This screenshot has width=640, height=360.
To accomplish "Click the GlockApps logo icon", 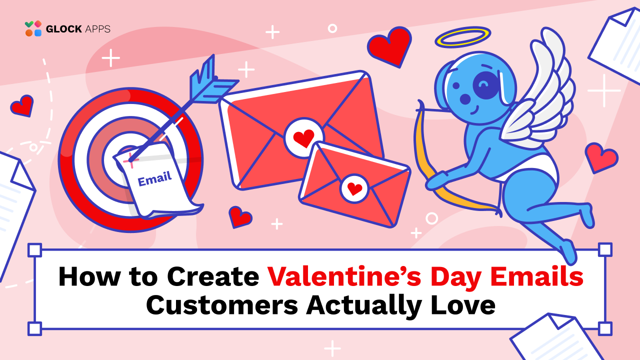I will pyautogui.click(x=33, y=28).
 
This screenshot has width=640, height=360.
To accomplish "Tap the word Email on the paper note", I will pyautogui.click(x=154, y=178).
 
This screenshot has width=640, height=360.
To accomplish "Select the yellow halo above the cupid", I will pyautogui.click(x=462, y=37).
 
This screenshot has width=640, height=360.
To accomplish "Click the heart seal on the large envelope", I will pyautogui.click(x=303, y=138).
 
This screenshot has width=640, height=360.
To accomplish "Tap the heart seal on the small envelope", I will pyautogui.click(x=354, y=188).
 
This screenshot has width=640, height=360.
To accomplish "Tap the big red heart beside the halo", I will pyautogui.click(x=389, y=45).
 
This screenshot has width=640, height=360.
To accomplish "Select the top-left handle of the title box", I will pyautogui.click(x=34, y=249).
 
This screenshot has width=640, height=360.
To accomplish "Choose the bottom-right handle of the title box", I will pyautogui.click(x=605, y=328).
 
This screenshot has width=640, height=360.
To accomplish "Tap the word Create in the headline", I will pyautogui.click(x=213, y=276).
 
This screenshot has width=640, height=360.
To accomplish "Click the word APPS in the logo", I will pyautogui.click(x=98, y=29).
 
